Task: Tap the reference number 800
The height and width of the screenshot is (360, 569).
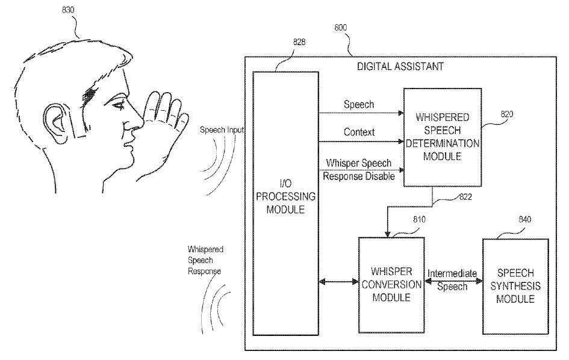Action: [340, 28]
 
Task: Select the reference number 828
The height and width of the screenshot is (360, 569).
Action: [299, 42]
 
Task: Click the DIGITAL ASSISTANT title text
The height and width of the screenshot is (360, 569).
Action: [400, 66]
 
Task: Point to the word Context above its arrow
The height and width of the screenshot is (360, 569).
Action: [359, 131]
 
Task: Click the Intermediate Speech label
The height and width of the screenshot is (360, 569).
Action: [452, 280]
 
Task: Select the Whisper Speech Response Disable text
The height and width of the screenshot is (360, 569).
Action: [359, 170]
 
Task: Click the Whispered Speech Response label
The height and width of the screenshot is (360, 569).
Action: [205, 259]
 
